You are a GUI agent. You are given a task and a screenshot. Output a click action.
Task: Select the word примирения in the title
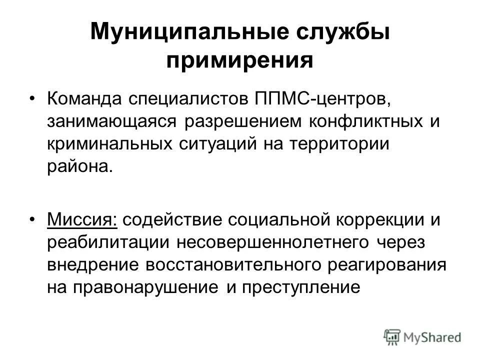(x=239, y=61)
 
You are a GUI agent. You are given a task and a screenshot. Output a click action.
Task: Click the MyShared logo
(x=422, y=336)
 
